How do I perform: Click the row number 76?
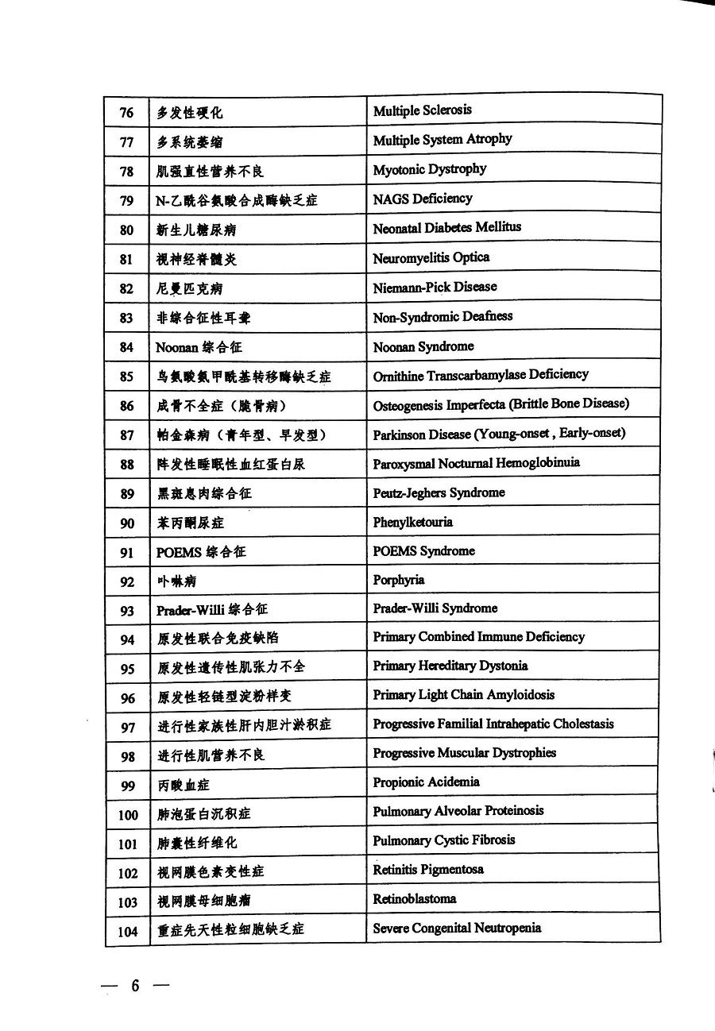click(x=127, y=113)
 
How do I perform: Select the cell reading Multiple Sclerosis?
click(x=423, y=110)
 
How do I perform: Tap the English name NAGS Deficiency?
click(x=423, y=199)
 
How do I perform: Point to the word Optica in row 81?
click(x=471, y=257)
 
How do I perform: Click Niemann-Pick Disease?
click(x=435, y=287)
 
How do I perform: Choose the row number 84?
click(x=127, y=347)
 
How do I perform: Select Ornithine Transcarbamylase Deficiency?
click(x=481, y=375)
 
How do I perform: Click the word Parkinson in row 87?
click(x=400, y=434)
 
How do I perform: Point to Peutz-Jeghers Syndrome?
click(x=439, y=492)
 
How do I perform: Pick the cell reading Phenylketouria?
click(x=413, y=522)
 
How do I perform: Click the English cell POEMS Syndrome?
click(x=424, y=550)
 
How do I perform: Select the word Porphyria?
click(x=399, y=580)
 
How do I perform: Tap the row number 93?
click(x=127, y=610)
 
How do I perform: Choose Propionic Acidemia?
click(x=427, y=782)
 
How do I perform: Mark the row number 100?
click(x=128, y=815)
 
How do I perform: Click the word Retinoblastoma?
click(x=415, y=899)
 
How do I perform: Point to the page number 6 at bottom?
click(x=135, y=986)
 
